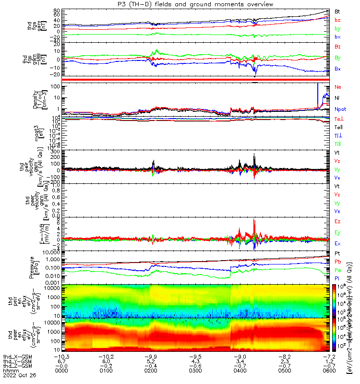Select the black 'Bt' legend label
pos(337,11)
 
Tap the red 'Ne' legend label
pos(338,87)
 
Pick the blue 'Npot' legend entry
pos(340,109)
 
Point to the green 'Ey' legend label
pos(338,232)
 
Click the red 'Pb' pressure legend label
pos(338,262)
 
